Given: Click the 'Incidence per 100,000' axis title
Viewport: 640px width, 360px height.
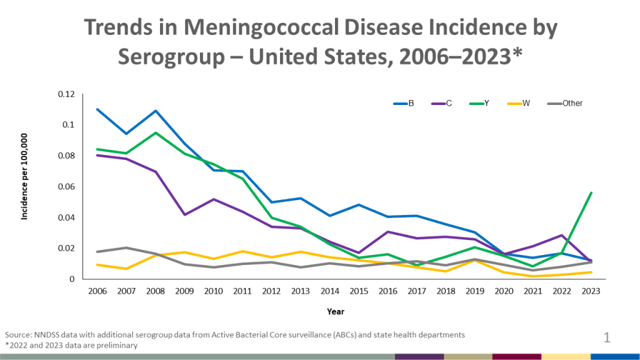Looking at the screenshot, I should tap(26, 186).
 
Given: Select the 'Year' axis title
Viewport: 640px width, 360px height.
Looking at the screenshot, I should tap(335, 311).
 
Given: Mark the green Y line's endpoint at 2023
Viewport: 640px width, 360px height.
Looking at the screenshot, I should tap(591, 193).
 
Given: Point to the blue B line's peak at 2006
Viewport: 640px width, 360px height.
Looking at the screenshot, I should tap(97, 109).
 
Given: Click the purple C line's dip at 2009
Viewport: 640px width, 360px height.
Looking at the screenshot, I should tap(183, 214).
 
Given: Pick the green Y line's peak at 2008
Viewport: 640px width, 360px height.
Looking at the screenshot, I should tap(154, 132).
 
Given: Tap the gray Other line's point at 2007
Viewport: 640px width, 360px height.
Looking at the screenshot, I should tap(126, 247).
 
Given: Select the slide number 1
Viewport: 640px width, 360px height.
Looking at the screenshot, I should tap(606, 339).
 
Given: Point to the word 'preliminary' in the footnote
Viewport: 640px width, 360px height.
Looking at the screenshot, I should tap(116, 345).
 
